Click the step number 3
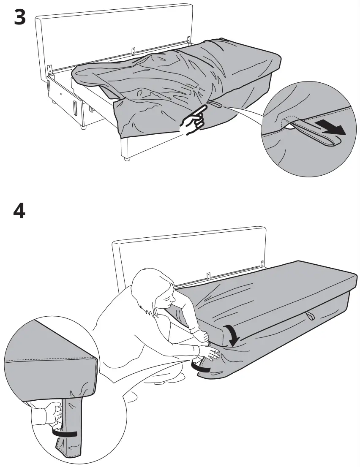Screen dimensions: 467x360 (x=19, y=17)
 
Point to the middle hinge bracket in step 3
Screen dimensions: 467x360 (x=134, y=51)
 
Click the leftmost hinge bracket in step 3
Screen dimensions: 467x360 (x=50, y=68)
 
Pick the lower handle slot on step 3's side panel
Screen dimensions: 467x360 (x=75, y=109)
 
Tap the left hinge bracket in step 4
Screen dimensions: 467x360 (x=208, y=276)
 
